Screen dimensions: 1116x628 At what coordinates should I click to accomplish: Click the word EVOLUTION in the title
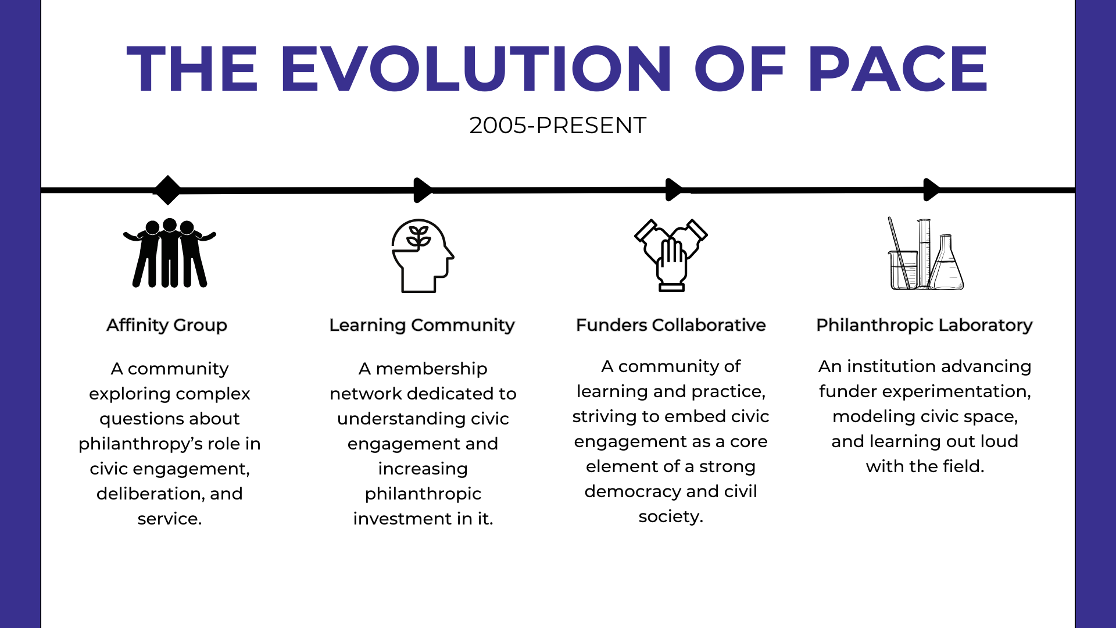[x=477, y=69]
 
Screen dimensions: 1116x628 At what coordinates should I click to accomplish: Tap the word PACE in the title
[x=897, y=69]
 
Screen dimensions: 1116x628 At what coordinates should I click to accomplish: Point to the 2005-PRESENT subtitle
[x=558, y=125]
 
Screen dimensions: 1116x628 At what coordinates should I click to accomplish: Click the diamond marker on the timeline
[x=168, y=190]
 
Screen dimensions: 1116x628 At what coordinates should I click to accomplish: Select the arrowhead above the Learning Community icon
[x=423, y=190]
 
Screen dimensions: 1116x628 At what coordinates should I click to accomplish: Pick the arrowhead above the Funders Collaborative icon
[x=674, y=190]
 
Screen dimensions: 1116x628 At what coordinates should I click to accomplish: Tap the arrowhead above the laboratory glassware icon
[x=932, y=190]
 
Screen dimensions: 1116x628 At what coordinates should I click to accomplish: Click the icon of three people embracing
[x=169, y=254]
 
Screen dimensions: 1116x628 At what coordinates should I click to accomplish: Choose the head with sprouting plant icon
[x=423, y=256]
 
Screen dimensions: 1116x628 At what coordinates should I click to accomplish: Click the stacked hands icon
[x=671, y=255]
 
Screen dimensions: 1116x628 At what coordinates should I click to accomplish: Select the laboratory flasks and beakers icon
[x=925, y=254]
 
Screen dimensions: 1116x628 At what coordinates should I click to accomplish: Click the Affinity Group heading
[x=167, y=326]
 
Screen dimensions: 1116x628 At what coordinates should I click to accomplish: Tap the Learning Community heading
[x=422, y=326]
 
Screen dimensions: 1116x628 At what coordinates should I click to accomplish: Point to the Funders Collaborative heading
[x=671, y=325]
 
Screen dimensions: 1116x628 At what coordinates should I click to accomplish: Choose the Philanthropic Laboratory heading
[x=924, y=326]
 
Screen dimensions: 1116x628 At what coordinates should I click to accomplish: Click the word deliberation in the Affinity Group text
[x=149, y=494]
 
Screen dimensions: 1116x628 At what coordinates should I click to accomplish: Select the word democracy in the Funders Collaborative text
[x=632, y=492]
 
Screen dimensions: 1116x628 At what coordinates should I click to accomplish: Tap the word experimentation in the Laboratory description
[x=957, y=392]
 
